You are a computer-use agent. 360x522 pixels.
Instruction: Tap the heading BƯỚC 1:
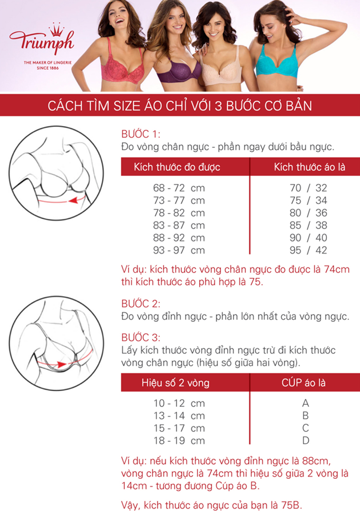(141, 134)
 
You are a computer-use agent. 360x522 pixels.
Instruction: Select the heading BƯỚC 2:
(141, 304)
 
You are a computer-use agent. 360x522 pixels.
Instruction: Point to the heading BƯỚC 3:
(141, 337)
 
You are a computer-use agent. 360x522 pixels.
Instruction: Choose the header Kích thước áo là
(310, 167)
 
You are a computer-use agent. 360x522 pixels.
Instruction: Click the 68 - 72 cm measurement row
(179, 188)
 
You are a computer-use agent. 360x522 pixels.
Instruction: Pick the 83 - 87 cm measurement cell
(179, 225)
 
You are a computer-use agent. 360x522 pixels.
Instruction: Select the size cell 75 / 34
(308, 201)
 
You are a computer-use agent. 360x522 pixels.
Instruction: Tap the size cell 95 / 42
(308, 250)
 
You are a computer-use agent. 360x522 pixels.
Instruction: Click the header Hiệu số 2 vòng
(175, 383)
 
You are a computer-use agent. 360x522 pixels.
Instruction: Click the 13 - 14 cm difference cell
(179, 416)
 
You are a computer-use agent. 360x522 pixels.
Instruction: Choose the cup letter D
(306, 441)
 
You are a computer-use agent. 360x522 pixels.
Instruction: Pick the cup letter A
(306, 403)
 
